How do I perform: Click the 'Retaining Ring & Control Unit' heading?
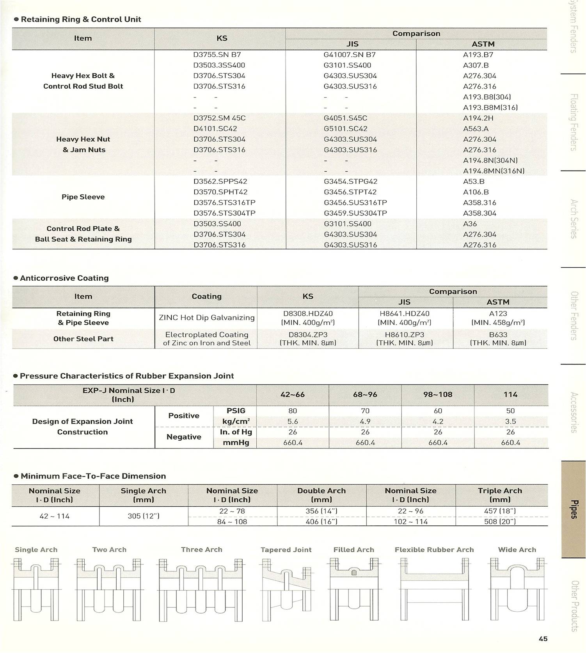[x=81, y=19]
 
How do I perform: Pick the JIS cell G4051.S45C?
[x=345, y=118]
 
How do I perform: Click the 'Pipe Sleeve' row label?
[x=83, y=197]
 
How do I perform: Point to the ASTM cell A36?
[x=470, y=224]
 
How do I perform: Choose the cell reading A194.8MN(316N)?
[x=494, y=171]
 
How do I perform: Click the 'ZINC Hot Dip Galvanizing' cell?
[x=206, y=317]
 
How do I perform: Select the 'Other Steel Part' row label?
[x=83, y=339]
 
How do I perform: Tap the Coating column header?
[x=206, y=296]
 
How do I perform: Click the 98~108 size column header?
[x=438, y=394]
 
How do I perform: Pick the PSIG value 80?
[x=293, y=411]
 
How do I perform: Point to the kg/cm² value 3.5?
[x=510, y=421]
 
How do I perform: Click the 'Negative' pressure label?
[x=184, y=437]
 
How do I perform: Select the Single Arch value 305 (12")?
[x=144, y=516]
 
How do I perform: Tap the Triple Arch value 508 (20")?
[x=500, y=521]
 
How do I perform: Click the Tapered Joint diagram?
[x=286, y=589]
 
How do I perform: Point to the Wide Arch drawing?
[x=517, y=589]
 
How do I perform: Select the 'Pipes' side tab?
[x=573, y=509]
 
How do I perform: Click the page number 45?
[x=543, y=639]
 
